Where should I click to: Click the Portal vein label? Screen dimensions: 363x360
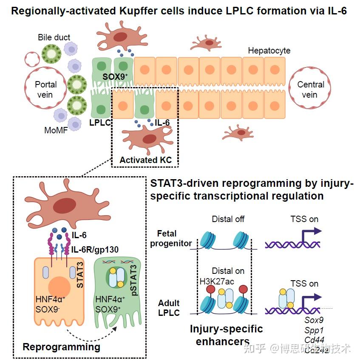(x=45, y=89)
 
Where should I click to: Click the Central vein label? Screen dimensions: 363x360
(x=310, y=89)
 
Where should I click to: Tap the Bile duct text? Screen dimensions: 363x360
(x=54, y=37)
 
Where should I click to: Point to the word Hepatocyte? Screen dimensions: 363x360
(x=269, y=51)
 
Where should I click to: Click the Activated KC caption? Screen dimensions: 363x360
(x=145, y=160)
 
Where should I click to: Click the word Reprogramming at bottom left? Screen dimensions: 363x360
(x=61, y=347)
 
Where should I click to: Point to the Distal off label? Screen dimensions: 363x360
(x=228, y=219)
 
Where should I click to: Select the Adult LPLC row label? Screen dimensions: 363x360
(x=169, y=308)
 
